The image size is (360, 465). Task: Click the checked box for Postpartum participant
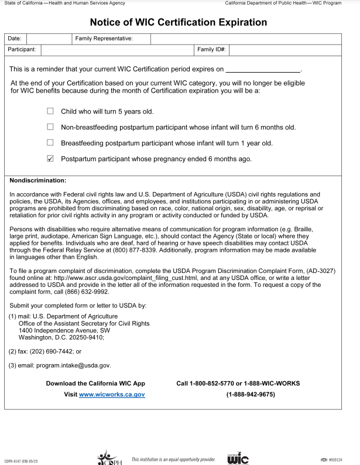pyautogui.click(x=50, y=158)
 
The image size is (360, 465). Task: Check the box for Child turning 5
pyautogui.click(x=50, y=111)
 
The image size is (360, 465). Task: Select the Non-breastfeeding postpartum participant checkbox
pyautogui.click(x=50, y=126)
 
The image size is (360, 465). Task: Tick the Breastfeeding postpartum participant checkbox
pyautogui.click(x=50, y=142)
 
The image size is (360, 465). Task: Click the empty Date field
pyautogui.click(x=49, y=39)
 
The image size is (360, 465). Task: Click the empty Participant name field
pyautogui.click(x=117, y=50)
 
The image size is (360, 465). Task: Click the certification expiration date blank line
pyautogui.click(x=263, y=69)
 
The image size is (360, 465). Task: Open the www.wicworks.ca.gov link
pyautogui.click(x=112, y=395)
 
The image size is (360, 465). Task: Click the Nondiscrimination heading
pyautogui.click(x=38, y=180)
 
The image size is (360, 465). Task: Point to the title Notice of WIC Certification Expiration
pyautogui.click(x=179, y=22)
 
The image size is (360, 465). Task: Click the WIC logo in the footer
pyautogui.click(x=238, y=458)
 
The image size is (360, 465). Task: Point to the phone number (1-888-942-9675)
pyautogui.click(x=251, y=395)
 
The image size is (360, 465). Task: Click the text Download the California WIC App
pyautogui.click(x=95, y=383)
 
